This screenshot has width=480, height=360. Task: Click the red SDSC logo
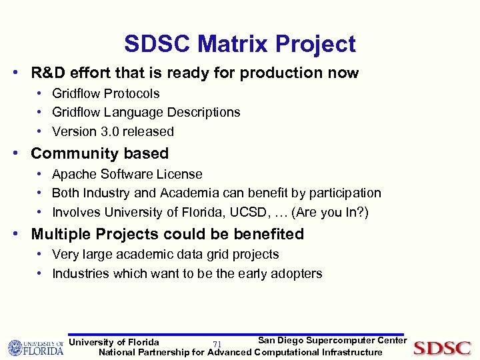click(x=442, y=348)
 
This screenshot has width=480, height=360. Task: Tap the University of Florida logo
click(x=35, y=348)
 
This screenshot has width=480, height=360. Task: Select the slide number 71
click(x=217, y=344)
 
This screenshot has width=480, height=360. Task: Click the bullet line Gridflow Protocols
click(x=105, y=93)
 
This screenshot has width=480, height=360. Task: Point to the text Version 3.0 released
click(x=113, y=131)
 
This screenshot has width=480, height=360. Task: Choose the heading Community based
click(x=99, y=153)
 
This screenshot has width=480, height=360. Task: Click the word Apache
click(x=74, y=174)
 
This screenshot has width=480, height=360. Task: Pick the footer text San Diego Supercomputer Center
click(x=332, y=341)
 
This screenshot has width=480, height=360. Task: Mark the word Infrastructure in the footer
click(x=352, y=352)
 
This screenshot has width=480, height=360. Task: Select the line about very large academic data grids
click(x=165, y=254)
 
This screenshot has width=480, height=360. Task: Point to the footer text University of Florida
click(x=114, y=342)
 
